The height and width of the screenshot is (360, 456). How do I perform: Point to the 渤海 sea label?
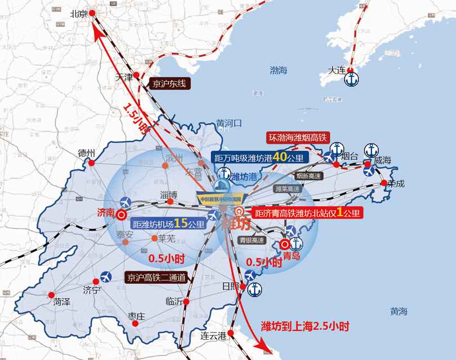point(278,70)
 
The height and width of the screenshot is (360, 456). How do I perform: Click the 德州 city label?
point(88,153)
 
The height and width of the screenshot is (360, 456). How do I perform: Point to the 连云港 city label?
point(213,336)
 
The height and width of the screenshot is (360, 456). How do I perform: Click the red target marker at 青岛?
point(285,244)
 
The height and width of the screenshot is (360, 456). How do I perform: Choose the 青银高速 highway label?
point(251,239)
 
